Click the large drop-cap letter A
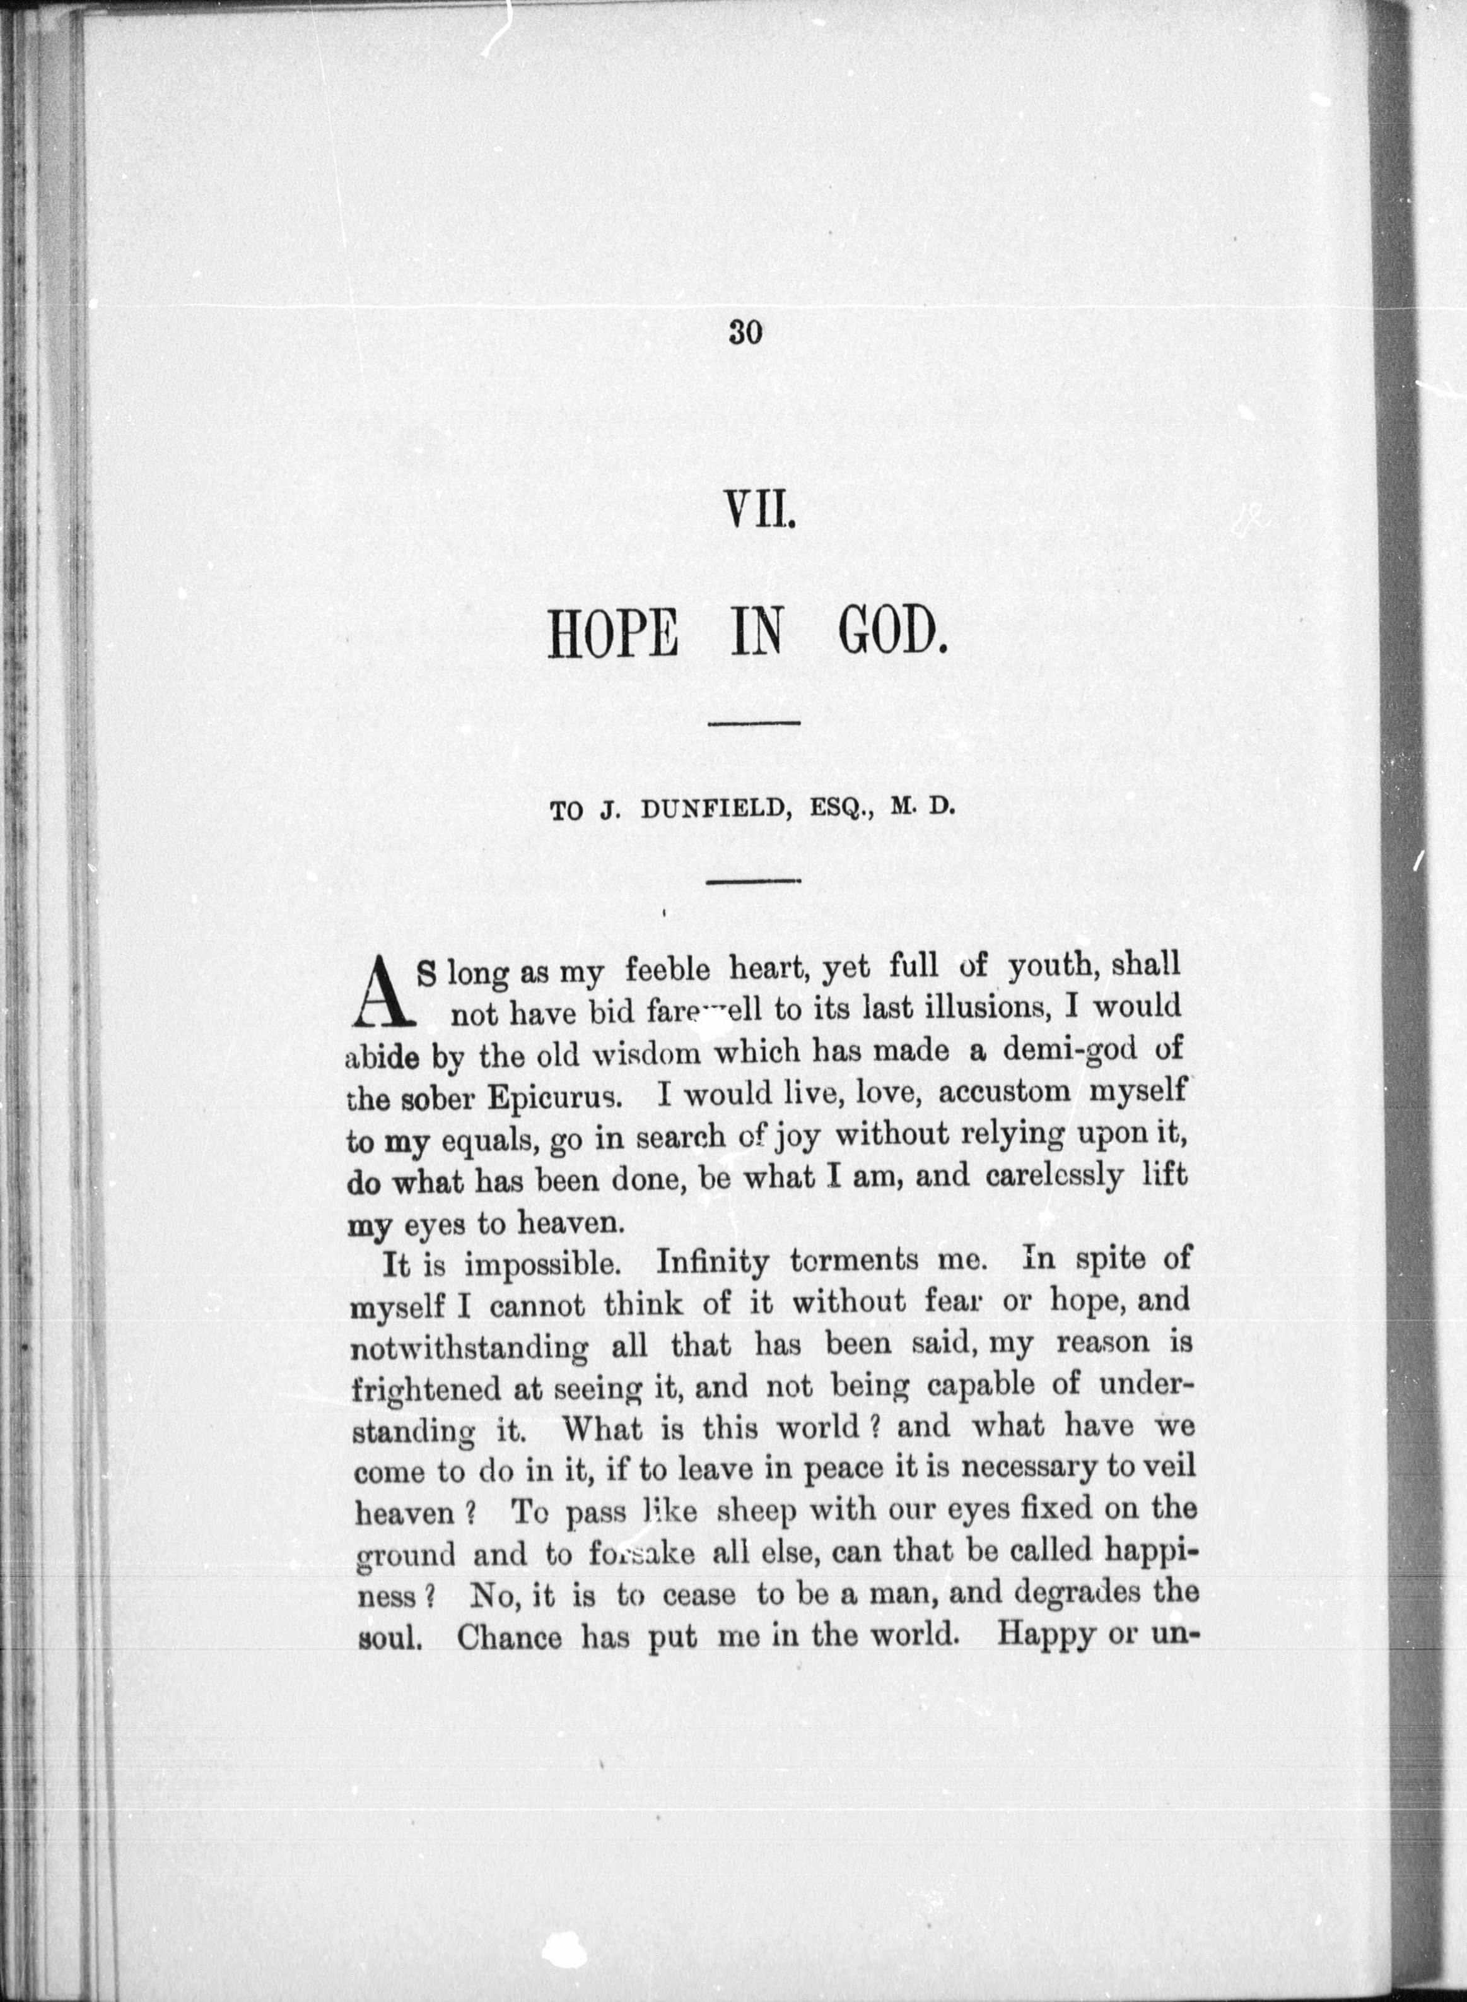point(381,989)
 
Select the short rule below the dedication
point(754,880)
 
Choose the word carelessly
point(1054,1177)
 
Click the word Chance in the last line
point(510,1636)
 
